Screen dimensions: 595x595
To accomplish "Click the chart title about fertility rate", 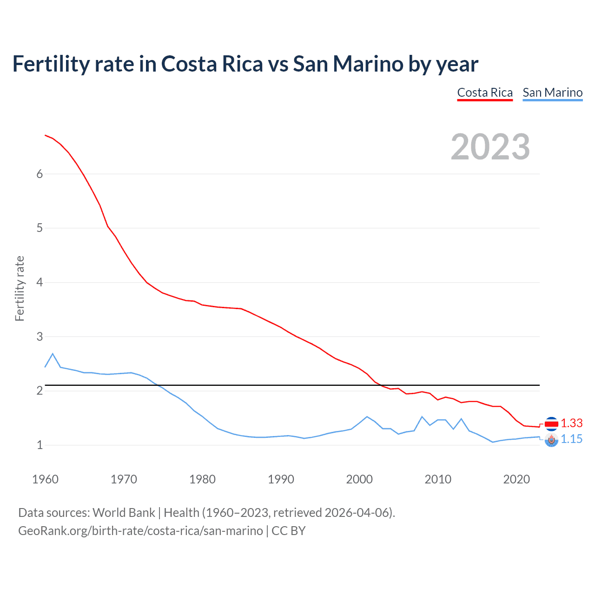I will [245, 64].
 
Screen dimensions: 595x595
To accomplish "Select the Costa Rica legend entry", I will [485, 93].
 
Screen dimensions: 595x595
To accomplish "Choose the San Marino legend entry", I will [552, 93].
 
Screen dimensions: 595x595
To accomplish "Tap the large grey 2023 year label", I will [490, 147].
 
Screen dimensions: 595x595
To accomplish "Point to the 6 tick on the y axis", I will [40, 174].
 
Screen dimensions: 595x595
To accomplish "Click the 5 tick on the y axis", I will [40, 228].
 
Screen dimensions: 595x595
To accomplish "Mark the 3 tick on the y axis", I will [40, 337].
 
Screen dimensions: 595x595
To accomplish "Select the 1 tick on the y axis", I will [40, 445].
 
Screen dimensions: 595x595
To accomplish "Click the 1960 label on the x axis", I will [45, 479].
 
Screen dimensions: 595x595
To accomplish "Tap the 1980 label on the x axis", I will [202, 479].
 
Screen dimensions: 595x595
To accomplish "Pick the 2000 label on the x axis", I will [359, 479].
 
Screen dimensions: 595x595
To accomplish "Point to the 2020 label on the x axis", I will [516, 479].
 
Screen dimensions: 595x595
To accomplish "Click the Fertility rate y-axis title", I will [20, 288].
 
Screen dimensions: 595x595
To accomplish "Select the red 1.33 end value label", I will [571, 423].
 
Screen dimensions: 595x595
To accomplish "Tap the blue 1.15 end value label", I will [571, 439].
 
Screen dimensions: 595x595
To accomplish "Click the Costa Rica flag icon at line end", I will [551, 423].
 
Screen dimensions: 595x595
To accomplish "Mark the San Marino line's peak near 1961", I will [53, 354].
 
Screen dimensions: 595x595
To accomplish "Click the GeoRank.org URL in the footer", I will [140, 531].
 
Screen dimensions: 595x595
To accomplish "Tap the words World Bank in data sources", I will [124, 513].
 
